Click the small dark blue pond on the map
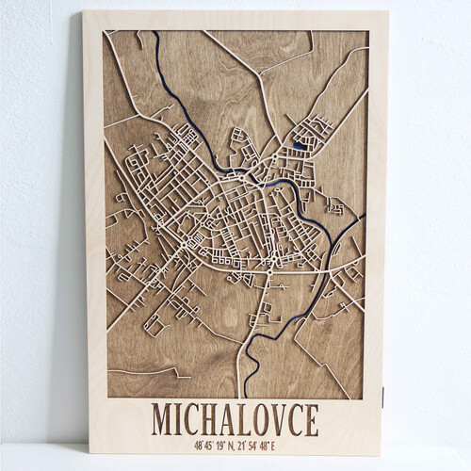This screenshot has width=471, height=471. tap(299, 145)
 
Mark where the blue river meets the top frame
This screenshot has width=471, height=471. tap(156, 34)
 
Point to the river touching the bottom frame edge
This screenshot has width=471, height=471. tap(244, 393)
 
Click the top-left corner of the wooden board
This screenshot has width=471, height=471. tap(84, 12)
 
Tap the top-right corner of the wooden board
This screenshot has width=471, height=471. tap(388, 11)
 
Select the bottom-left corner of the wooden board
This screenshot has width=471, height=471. tap(82, 455)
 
